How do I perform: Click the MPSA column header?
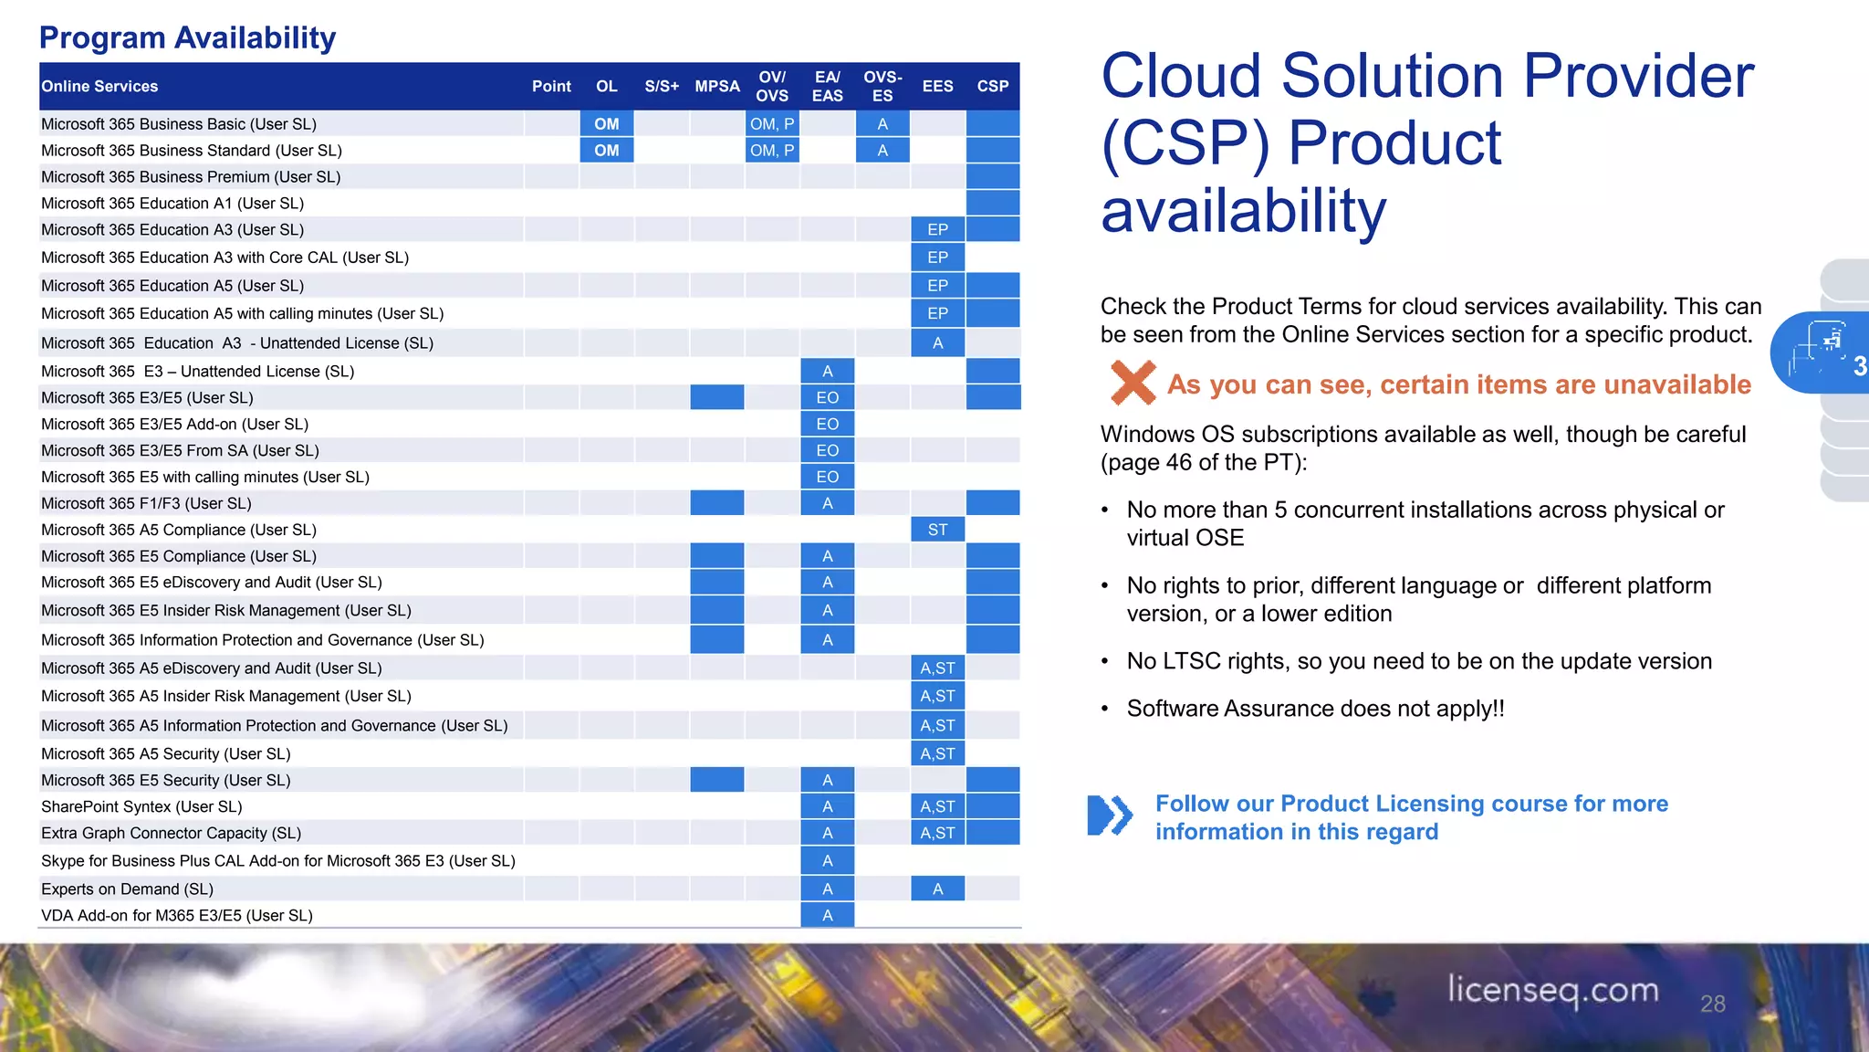point(717,86)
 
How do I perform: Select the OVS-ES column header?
point(882,86)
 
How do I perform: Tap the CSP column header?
point(993,86)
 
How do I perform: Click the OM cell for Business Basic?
point(607,123)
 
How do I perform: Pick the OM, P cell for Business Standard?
point(772,150)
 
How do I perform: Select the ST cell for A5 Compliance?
point(937,530)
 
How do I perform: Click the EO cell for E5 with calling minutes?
point(827,477)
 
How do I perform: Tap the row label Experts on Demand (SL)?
point(127,889)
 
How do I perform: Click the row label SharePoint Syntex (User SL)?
point(141,806)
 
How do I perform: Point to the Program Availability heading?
point(187,37)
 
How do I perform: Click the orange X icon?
point(1133,383)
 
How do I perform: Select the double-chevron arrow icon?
point(1110,815)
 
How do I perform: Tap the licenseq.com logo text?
point(1552,990)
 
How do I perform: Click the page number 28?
point(1712,1004)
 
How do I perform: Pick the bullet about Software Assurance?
point(1315,709)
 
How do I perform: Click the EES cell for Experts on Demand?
point(937,889)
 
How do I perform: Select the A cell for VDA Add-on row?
point(827,915)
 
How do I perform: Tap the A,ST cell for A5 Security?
point(937,753)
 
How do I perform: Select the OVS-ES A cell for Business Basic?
point(882,123)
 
